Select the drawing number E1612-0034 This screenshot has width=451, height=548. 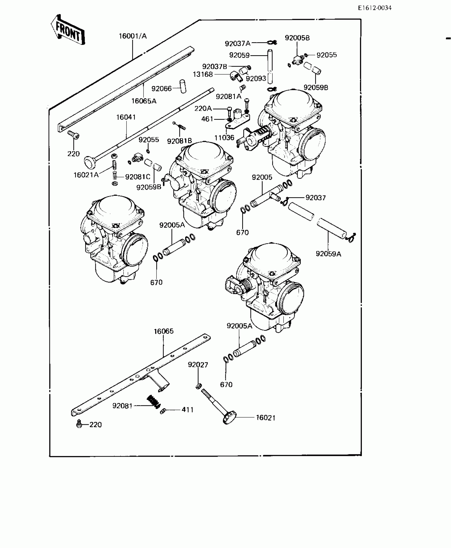pos(374,8)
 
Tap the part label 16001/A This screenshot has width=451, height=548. pos(133,36)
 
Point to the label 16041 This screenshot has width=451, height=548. pos(126,117)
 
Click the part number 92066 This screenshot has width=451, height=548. pos(162,88)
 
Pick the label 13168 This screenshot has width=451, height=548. pos(203,74)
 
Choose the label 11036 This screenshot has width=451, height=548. pos(224,138)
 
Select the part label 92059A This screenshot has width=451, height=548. pos(328,254)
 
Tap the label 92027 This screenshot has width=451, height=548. pos(198,365)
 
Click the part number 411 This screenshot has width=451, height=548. pos(187,410)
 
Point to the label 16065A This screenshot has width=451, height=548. pos(144,101)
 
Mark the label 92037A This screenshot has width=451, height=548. pos(238,43)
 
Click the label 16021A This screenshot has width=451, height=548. pos(86,175)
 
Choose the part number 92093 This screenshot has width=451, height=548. pos(256,79)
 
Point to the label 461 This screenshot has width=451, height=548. pos(207,119)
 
